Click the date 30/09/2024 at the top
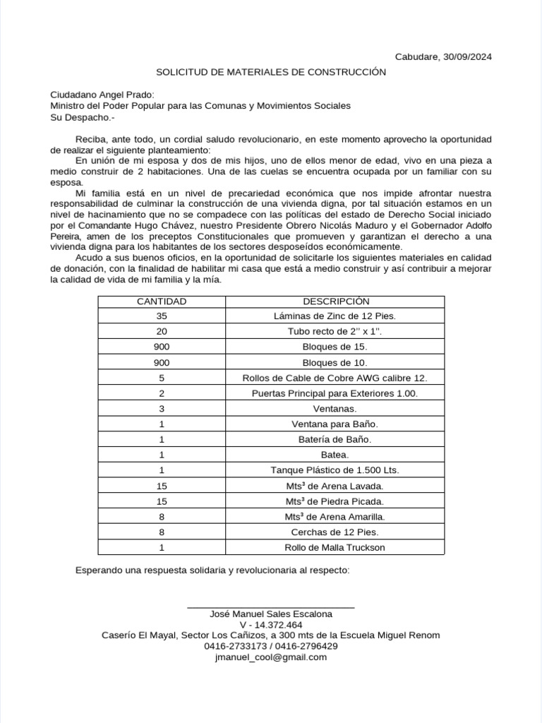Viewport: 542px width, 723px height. (x=467, y=56)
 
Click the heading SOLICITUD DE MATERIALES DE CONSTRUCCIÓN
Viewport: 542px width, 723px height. (x=271, y=72)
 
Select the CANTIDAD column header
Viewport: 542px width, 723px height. (x=162, y=301)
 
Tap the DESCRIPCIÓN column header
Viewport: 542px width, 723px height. (x=335, y=301)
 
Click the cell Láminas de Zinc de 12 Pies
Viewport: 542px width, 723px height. (x=335, y=316)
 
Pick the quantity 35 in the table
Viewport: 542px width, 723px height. (x=162, y=316)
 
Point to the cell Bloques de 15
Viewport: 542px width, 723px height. (x=335, y=347)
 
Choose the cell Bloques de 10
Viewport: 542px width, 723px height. (x=335, y=362)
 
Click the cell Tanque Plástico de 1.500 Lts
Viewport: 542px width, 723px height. (x=335, y=470)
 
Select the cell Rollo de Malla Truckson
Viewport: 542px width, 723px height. (x=335, y=547)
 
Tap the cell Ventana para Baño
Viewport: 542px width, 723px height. (x=335, y=424)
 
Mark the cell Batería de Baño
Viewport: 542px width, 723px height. (x=335, y=439)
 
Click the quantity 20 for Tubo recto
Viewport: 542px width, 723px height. (x=162, y=331)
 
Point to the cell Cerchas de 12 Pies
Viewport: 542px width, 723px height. (x=335, y=532)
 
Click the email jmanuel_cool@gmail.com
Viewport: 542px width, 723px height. (x=271, y=657)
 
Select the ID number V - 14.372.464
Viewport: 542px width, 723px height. (x=271, y=625)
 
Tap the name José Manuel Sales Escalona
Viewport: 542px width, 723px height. (x=271, y=614)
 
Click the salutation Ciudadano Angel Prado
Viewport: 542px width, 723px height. (x=102, y=95)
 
